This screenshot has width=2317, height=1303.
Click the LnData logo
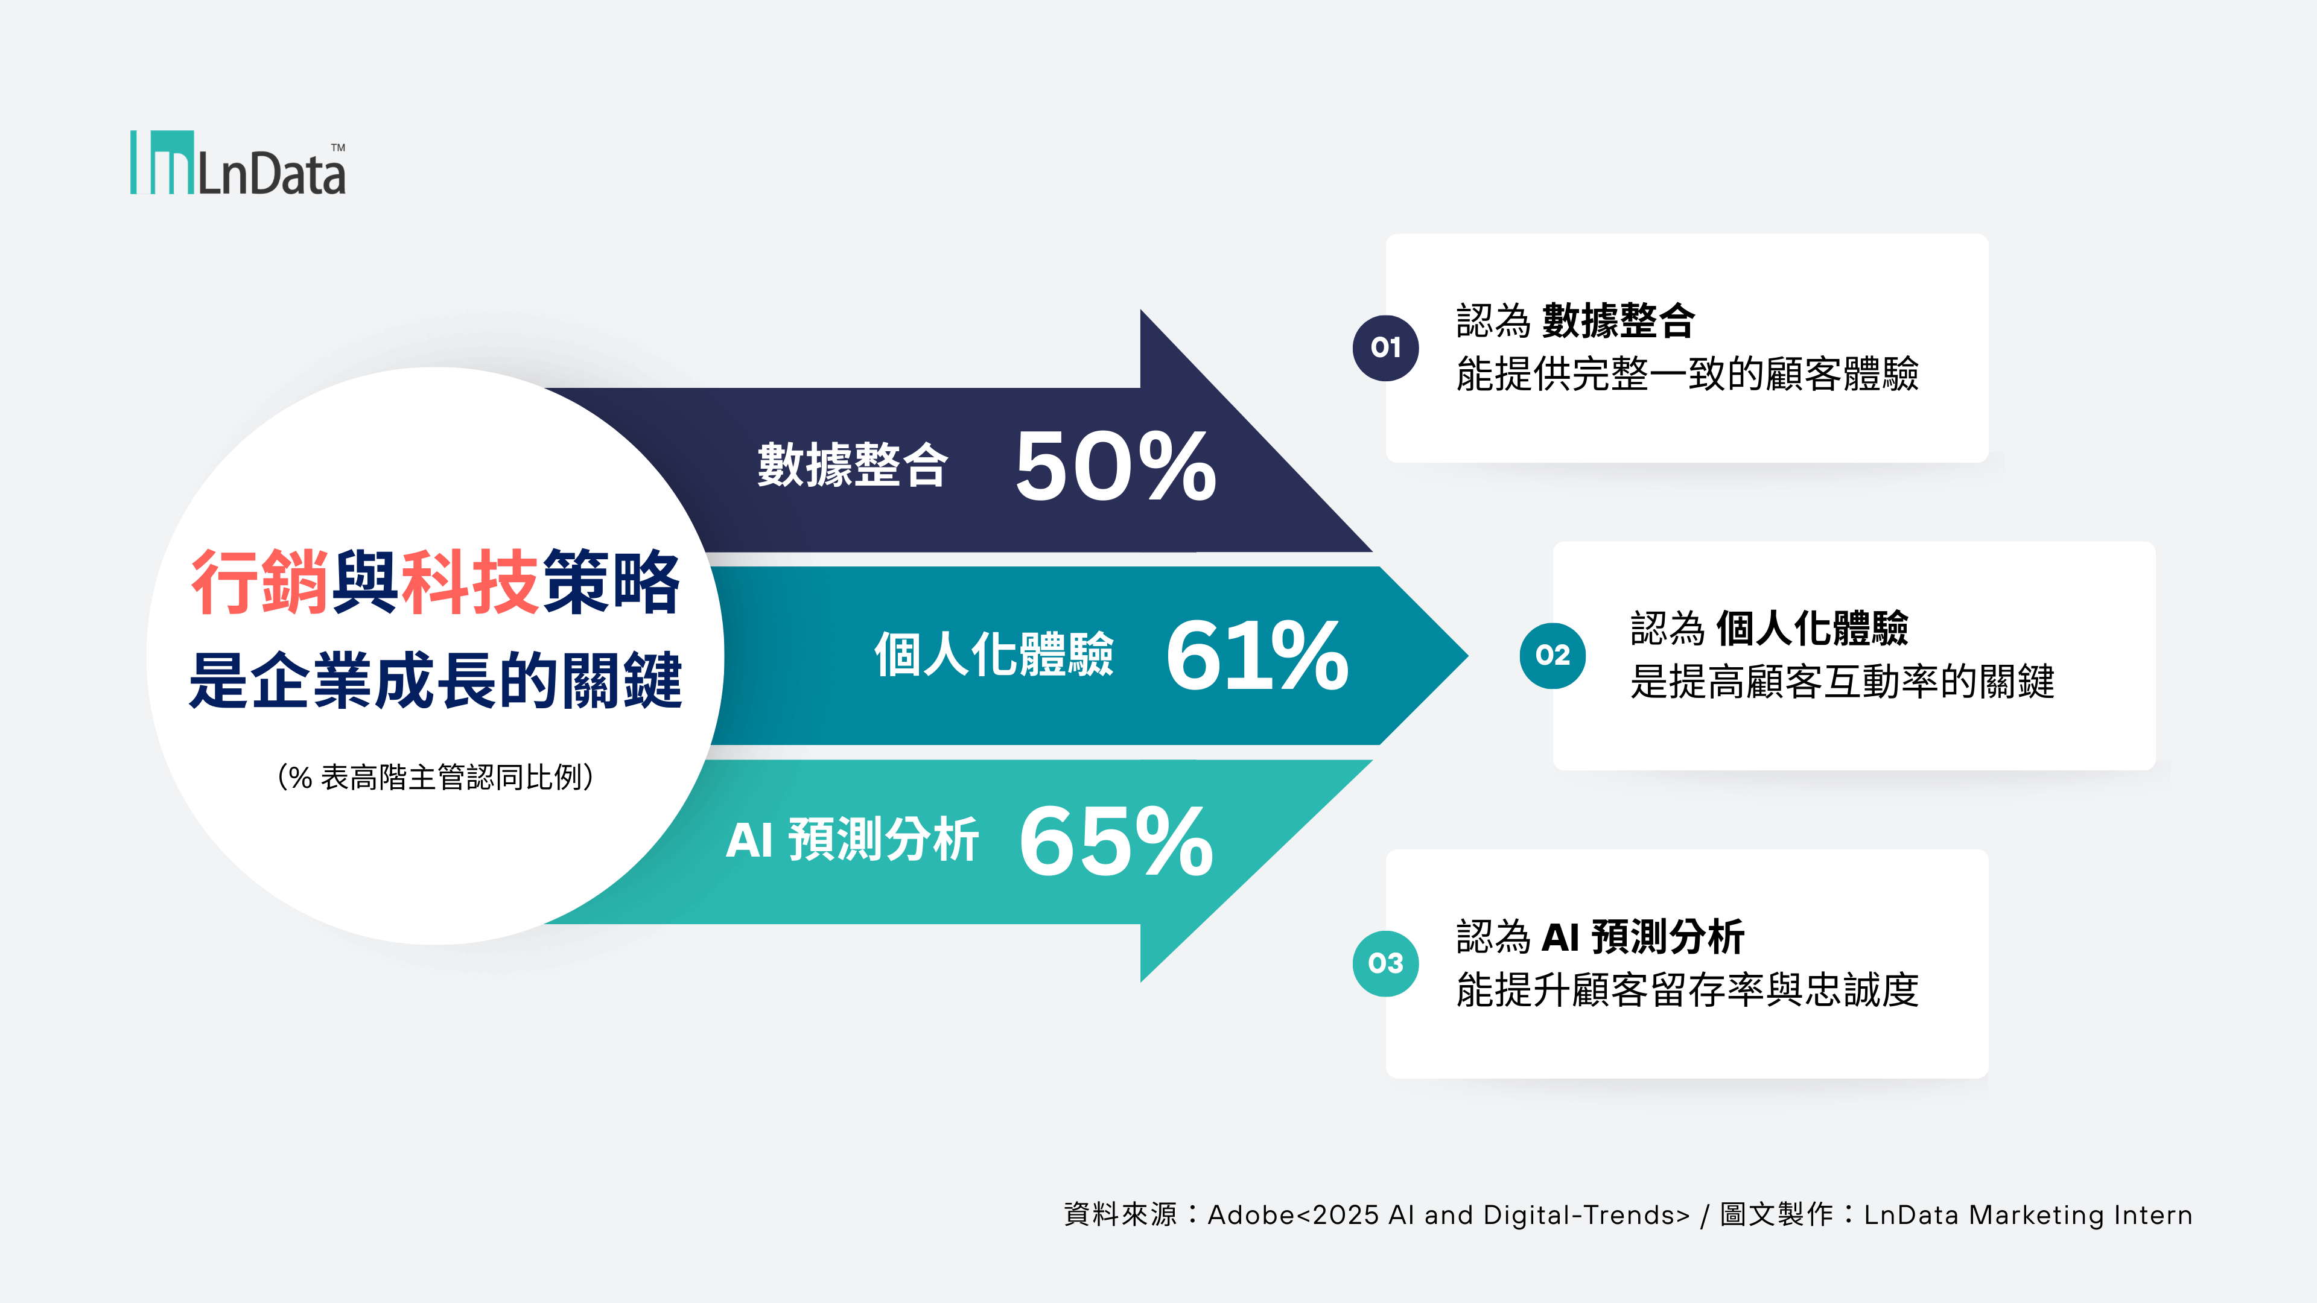(238, 163)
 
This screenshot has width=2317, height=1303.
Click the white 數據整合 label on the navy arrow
(852, 465)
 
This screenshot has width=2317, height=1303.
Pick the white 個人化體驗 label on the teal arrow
(994, 654)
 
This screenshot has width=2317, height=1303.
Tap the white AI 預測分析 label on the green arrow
(852, 840)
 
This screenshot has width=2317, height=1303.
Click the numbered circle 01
(1385, 348)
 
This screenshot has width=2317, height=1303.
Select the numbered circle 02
(1553, 656)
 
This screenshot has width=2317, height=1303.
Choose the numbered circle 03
(1385, 963)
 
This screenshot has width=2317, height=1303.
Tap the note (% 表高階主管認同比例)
(435, 777)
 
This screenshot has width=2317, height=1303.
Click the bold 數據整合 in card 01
(1618, 320)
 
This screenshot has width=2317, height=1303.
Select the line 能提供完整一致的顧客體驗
(1688, 373)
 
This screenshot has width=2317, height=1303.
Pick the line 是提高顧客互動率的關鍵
(1842, 680)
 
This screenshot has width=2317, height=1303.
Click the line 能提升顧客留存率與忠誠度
(1688, 989)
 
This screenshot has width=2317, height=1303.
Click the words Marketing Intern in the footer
(2080, 1215)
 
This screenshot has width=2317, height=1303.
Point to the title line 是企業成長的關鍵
(435, 680)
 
